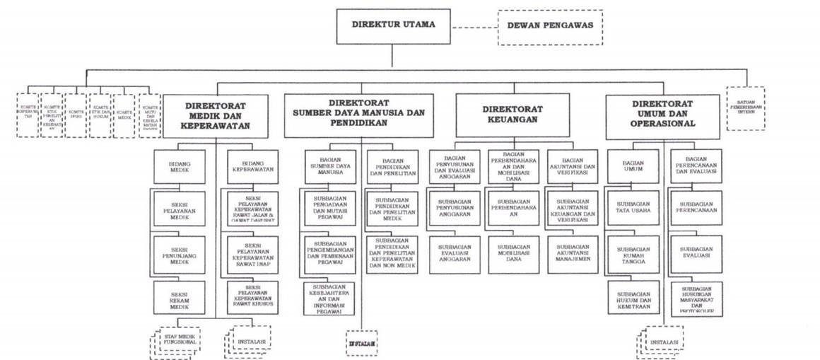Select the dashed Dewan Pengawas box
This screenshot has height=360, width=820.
(549, 28)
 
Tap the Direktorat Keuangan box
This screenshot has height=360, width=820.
(512, 115)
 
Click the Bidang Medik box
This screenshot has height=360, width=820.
(180, 166)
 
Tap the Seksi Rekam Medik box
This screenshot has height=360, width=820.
(180, 298)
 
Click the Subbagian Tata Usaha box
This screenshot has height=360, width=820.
(633, 207)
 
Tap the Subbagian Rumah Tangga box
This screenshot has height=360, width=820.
(633, 253)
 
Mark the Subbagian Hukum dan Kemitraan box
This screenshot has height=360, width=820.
(633, 298)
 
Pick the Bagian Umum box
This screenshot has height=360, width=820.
(633, 166)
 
